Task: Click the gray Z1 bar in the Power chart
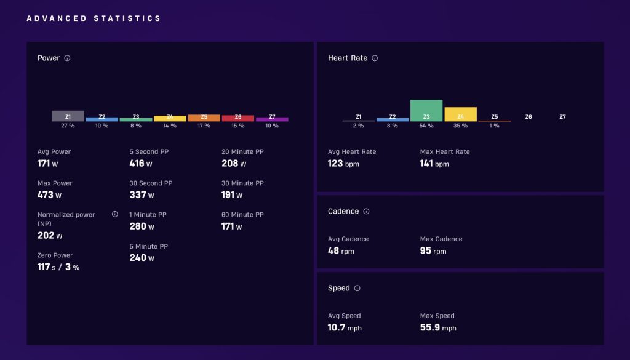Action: point(68,116)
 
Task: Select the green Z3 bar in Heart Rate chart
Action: point(426,111)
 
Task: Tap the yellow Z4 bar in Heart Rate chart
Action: point(460,114)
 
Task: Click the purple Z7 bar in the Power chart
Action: point(272,119)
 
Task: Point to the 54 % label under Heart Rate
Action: point(426,126)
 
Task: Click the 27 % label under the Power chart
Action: point(68,126)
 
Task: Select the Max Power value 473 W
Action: point(49,195)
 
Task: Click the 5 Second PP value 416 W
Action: point(141,164)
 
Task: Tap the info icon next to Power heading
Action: point(68,58)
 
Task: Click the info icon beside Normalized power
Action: point(115,214)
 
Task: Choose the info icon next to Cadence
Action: point(367,211)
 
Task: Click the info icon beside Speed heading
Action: point(357,288)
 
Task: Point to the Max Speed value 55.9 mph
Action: point(438,327)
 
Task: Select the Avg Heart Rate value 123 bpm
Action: point(343,164)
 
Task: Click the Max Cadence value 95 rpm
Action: point(433,250)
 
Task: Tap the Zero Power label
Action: point(55,255)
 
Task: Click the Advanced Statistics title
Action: point(94,18)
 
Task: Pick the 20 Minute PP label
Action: point(242,151)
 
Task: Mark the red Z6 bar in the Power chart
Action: point(238,118)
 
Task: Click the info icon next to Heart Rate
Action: point(375,58)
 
